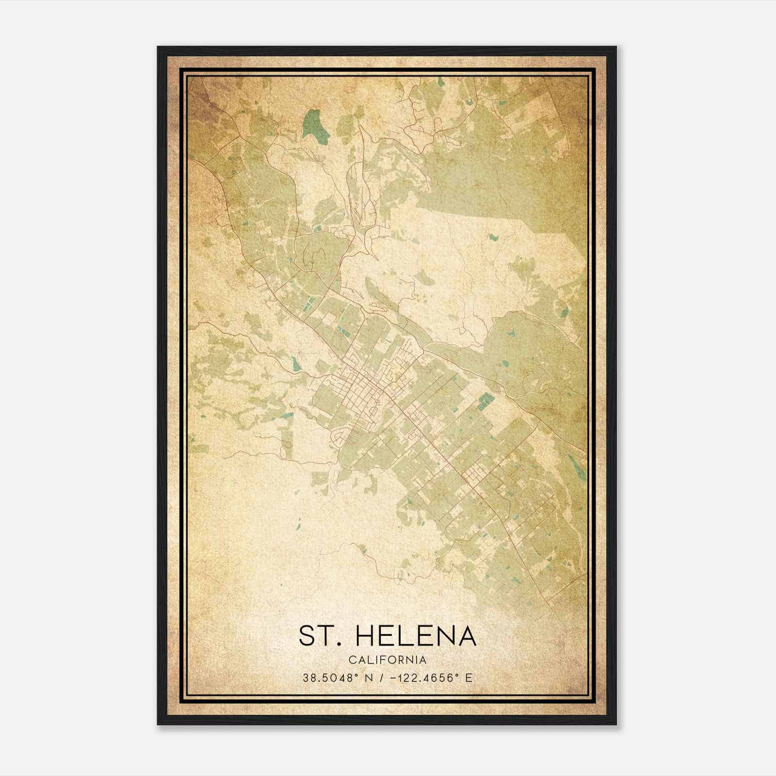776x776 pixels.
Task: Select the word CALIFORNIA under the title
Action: (x=388, y=660)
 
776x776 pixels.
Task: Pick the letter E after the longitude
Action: (x=469, y=678)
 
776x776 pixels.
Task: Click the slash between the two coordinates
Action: (x=383, y=678)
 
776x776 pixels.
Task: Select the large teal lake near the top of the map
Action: (x=313, y=124)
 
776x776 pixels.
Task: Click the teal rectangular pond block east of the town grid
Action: (x=485, y=401)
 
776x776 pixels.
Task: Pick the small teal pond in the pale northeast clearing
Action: (x=494, y=238)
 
